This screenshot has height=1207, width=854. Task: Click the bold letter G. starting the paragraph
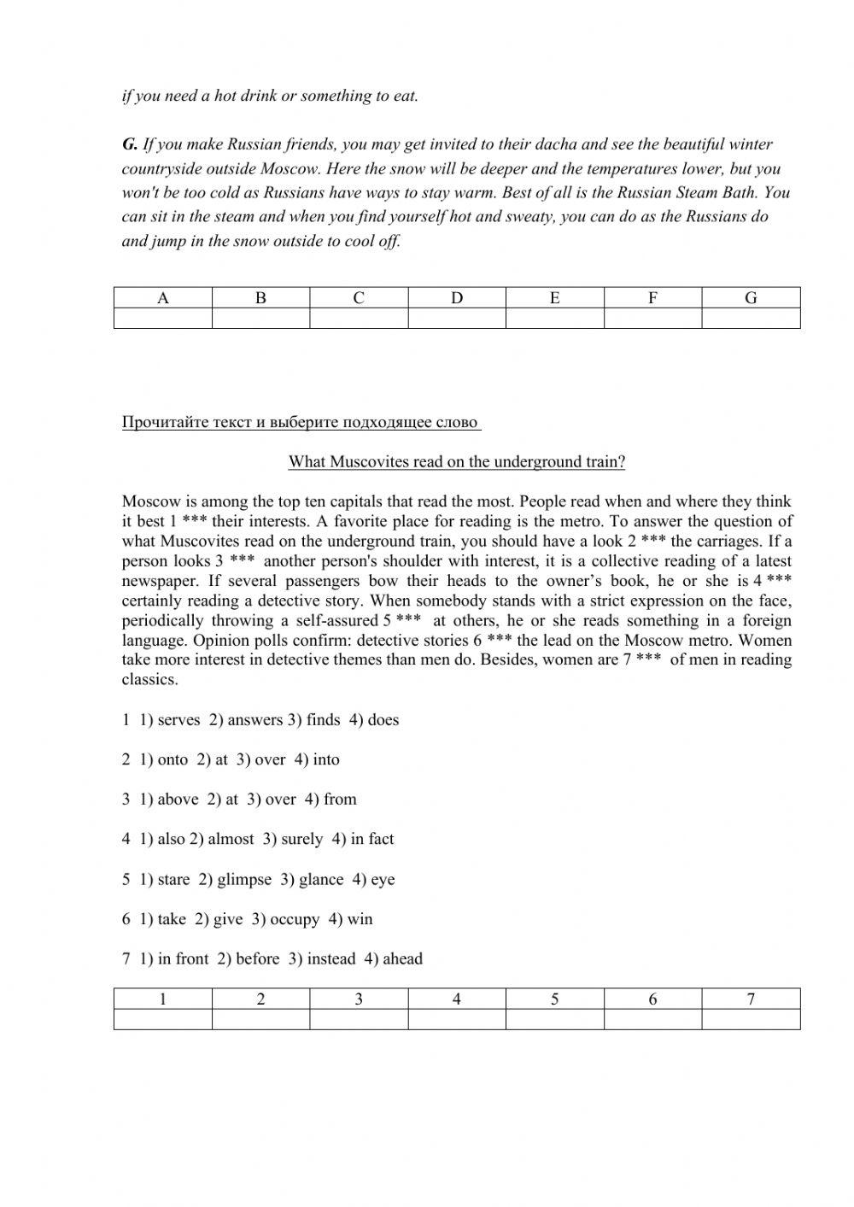click(130, 144)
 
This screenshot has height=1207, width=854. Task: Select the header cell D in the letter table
click(457, 297)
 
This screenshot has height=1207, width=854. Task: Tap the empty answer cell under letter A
click(162, 319)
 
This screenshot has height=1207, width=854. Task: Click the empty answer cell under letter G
click(751, 319)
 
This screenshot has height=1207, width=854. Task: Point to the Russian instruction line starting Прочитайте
click(301, 422)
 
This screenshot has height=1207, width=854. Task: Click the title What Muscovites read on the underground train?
click(456, 461)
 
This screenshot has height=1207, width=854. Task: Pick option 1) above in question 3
click(169, 800)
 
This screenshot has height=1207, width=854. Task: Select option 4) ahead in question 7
click(393, 958)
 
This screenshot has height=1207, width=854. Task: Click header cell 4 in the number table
click(457, 999)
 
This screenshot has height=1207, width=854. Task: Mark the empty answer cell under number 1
click(162, 1019)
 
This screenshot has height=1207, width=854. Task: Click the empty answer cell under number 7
click(751, 1019)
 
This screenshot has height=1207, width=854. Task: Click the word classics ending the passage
click(149, 680)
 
